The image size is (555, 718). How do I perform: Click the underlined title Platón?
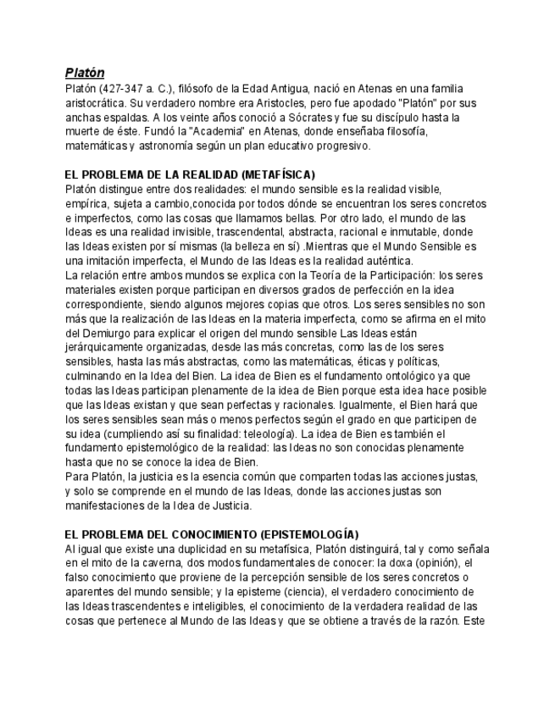[85, 73]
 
